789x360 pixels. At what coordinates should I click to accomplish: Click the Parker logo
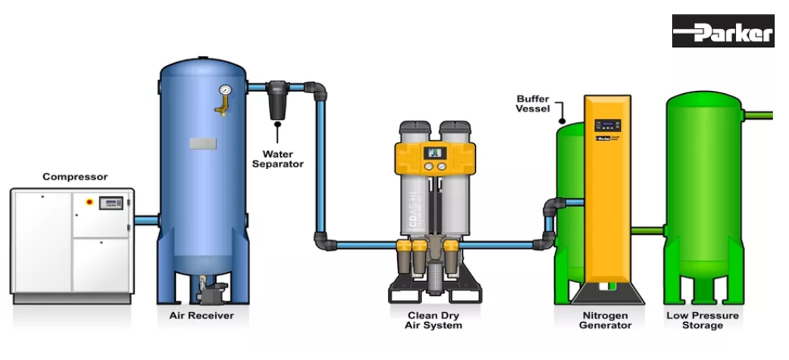tap(723, 31)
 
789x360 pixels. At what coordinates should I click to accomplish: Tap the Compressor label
tap(74, 177)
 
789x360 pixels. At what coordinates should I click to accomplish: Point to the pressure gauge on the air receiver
tap(224, 91)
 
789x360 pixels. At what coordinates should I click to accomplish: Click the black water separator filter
tap(276, 102)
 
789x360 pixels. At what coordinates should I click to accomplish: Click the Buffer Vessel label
tap(533, 103)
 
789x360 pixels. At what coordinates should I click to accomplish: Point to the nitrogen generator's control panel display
tap(608, 124)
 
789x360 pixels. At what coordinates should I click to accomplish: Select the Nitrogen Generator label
tap(606, 320)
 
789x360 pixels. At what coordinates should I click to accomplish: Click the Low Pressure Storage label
tap(704, 320)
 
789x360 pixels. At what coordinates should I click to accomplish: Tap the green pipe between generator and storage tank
tap(648, 230)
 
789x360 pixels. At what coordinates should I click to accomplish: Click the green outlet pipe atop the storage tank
tap(758, 116)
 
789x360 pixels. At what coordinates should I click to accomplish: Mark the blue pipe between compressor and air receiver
tap(146, 220)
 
